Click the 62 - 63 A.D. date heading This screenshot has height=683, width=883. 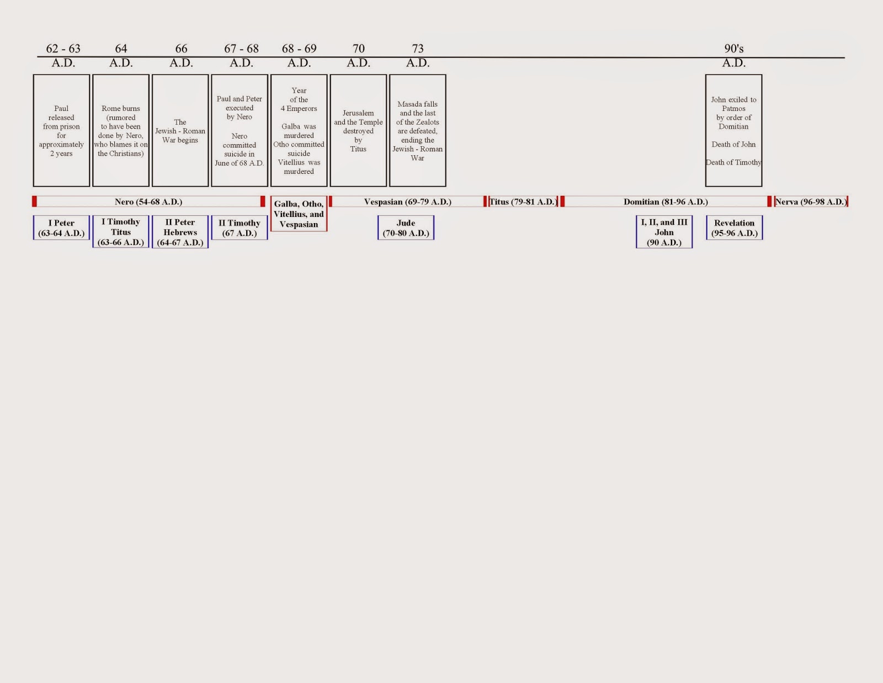[x=63, y=55]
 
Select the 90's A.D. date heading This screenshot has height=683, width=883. [x=733, y=55]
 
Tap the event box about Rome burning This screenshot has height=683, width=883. [x=121, y=131]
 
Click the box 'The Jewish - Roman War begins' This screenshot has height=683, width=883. [x=180, y=131]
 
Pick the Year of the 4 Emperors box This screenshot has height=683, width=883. [x=299, y=131]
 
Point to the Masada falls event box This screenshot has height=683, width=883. [x=418, y=131]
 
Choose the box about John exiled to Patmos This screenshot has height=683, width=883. [x=733, y=131]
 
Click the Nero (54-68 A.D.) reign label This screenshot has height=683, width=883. [x=148, y=202]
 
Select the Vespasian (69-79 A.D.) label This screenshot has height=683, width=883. [x=407, y=202]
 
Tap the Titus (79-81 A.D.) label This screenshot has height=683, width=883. [x=523, y=202]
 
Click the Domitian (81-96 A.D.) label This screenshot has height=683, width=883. [x=666, y=202]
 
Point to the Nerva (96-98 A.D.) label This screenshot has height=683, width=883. [x=811, y=202]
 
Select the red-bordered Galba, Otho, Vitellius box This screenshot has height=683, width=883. [x=299, y=214]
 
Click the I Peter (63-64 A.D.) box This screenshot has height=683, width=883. [x=61, y=228]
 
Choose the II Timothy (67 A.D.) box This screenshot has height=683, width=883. [x=240, y=228]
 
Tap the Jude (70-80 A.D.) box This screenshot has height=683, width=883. [x=406, y=228]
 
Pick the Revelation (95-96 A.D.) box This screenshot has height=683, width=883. [x=734, y=228]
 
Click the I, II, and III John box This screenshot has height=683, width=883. [x=664, y=232]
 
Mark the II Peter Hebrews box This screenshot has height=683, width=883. [x=180, y=232]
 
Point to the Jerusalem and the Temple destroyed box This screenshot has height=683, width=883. [x=358, y=131]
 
